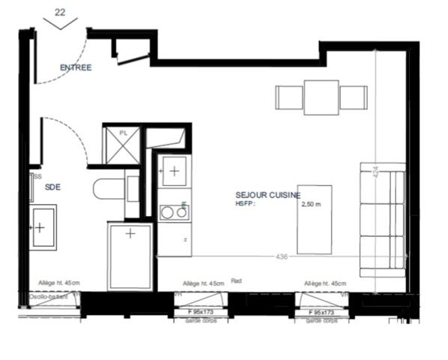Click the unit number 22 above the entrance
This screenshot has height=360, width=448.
60,12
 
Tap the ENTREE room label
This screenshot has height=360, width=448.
76,67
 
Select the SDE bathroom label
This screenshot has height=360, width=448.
52,187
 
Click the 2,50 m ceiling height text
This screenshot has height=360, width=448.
311,203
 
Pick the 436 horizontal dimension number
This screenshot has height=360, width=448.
282,256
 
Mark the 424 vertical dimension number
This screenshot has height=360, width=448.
375,170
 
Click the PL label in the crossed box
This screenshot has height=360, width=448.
124,133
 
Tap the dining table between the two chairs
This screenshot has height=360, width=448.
321,97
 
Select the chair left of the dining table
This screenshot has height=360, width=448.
289,97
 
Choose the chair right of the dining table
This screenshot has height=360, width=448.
353,97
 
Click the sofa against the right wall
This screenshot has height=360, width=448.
382,220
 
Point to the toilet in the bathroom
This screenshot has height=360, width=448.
111,188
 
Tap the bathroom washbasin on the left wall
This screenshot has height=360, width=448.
42,226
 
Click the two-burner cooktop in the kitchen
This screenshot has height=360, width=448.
174,212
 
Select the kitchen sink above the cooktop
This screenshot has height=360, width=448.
174,172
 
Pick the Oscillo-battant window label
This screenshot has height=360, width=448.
49,297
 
